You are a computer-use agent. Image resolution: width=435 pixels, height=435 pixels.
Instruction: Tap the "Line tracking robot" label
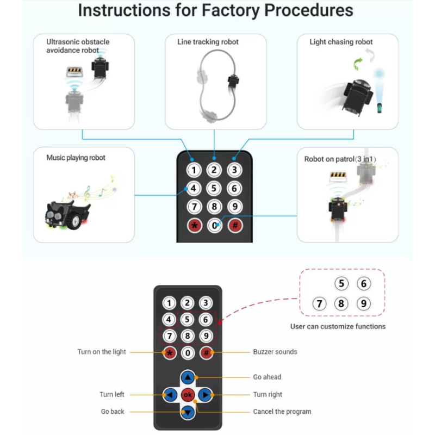click(208, 42)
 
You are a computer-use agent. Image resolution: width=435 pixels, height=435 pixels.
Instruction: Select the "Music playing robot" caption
click(76, 158)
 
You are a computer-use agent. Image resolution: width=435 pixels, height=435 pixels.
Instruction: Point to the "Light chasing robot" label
click(341, 42)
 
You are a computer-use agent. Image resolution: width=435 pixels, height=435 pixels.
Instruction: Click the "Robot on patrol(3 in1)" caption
click(340, 159)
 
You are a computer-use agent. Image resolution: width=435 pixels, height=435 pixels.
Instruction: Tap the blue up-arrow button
click(188, 377)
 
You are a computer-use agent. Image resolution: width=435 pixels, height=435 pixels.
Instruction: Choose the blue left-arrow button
click(170, 395)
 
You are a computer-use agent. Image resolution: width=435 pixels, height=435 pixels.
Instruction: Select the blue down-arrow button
click(188, 412)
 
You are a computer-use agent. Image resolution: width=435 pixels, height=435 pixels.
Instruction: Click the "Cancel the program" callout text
click(282, 412)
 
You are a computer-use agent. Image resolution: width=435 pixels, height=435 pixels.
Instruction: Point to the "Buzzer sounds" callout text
click(275, 352)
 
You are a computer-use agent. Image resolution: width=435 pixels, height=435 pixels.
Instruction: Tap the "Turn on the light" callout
click(102, 352)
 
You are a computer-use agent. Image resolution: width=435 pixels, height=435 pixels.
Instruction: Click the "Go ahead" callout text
click(267, 377)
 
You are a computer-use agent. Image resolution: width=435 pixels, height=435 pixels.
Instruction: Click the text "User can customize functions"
click(338, 326)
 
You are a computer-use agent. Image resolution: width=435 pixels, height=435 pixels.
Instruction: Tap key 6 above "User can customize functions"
click(364, 283)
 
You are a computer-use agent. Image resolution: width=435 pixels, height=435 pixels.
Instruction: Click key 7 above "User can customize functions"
click(319, 303)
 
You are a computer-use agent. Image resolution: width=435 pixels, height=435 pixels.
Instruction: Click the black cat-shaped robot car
click(67, 213)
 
